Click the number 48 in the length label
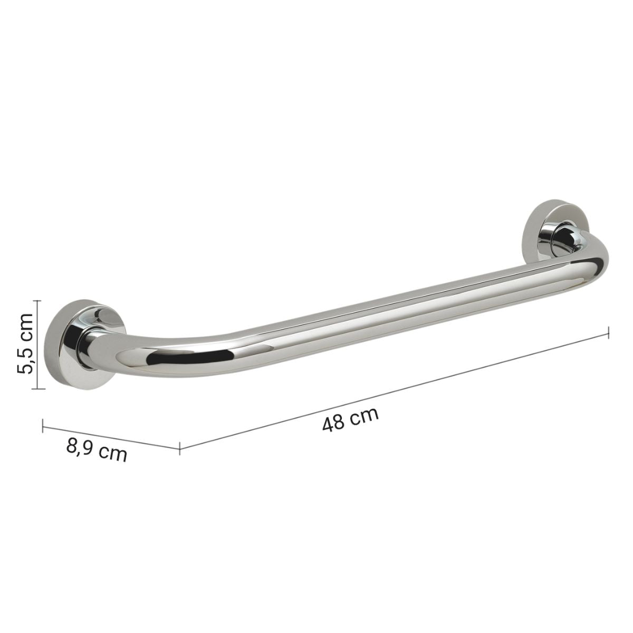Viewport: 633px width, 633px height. coord(333,423)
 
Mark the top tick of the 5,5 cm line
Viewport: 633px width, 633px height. coord(36,300)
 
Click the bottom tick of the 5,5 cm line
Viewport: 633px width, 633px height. coord(36,389)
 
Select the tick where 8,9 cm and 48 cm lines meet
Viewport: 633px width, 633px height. coord(180,448)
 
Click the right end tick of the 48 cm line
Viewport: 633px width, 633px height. coord(610,332)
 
